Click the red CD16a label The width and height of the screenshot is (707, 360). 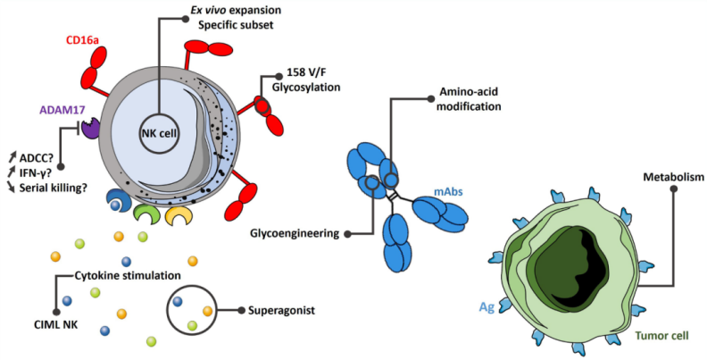point(83,40)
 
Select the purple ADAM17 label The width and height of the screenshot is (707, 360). point(60,110)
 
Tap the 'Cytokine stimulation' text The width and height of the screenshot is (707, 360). point(131,275)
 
